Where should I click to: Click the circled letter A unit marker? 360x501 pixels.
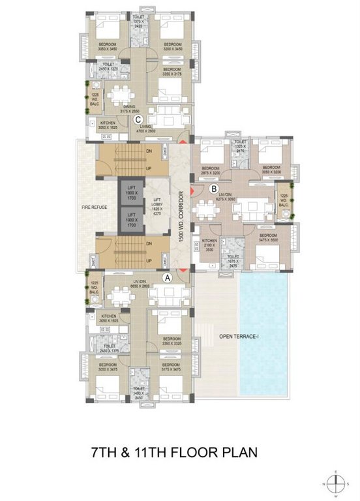point(168,277)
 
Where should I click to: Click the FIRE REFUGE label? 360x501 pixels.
point(95,207)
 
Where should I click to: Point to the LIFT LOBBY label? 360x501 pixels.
point(157,205)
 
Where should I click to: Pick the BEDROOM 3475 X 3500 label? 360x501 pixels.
point(269,237)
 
